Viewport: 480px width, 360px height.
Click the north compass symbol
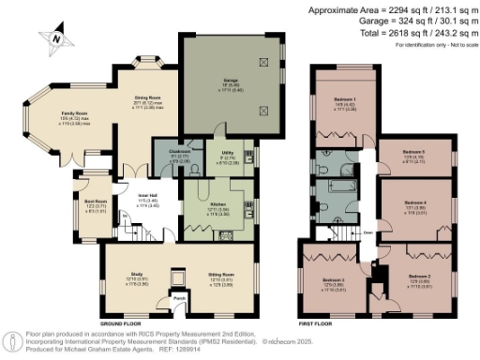[59, 37]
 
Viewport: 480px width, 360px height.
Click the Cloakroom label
[180, 151]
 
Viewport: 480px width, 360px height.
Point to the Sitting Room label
[219, 276]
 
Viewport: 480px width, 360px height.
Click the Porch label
[178, 301]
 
